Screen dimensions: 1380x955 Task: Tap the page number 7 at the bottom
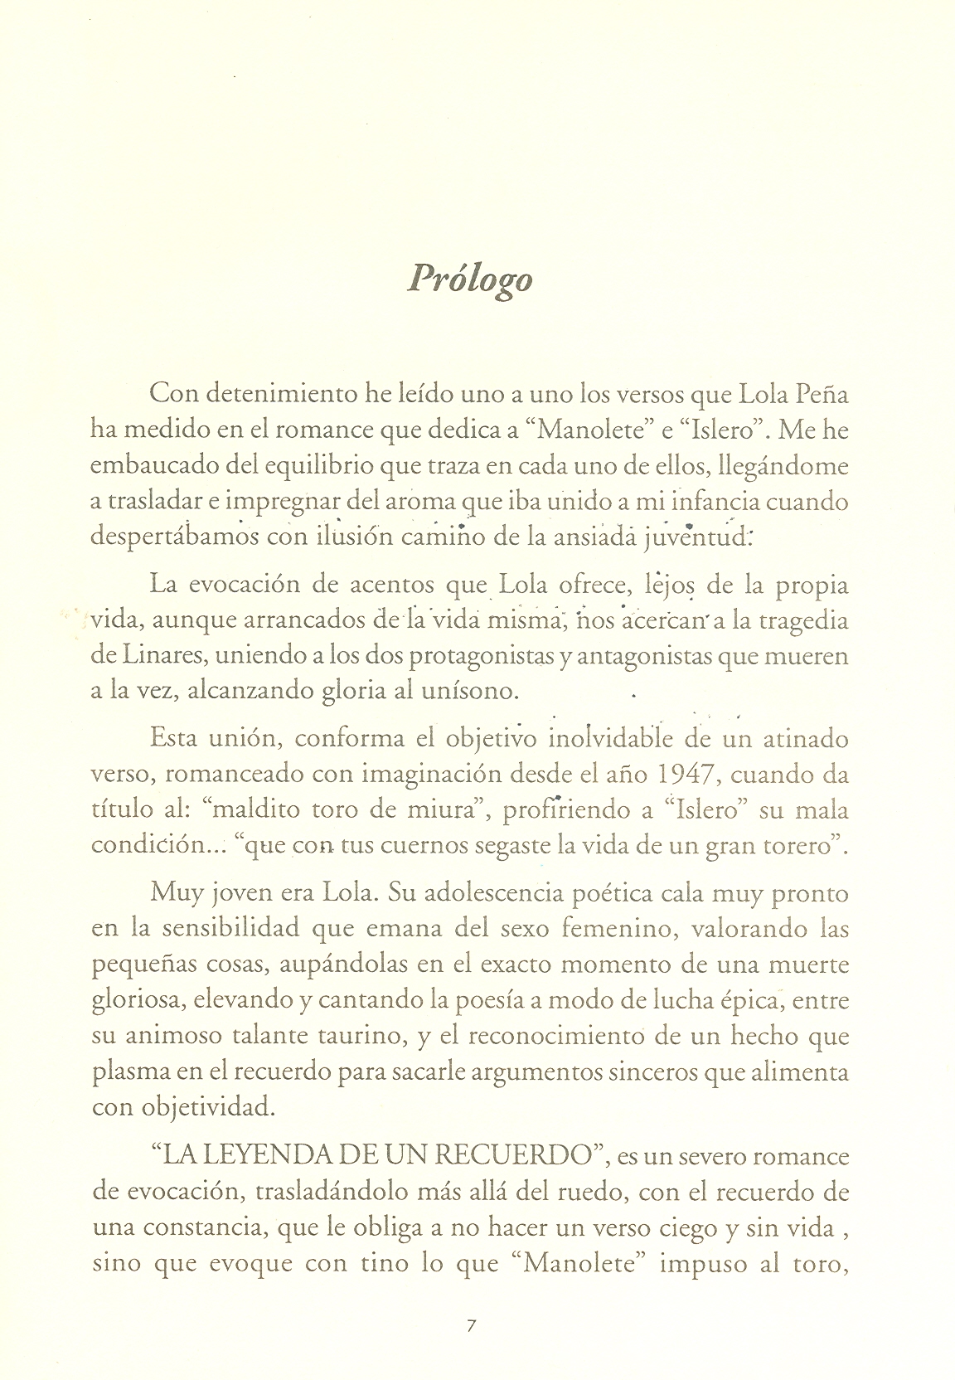471,1326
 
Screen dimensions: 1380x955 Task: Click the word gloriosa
136,1000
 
